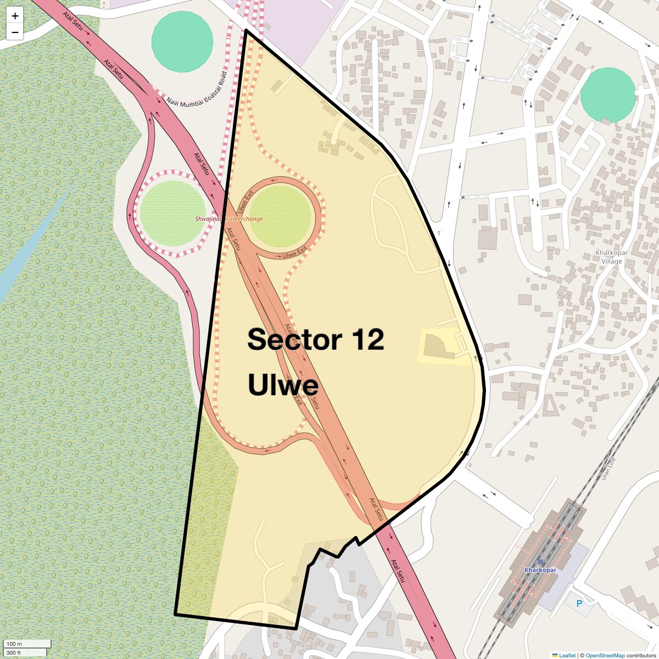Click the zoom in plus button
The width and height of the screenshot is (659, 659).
(x=15, y=16)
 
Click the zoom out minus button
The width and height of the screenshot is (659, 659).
(x=15, y=32)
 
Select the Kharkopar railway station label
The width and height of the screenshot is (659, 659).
(x=540, y=570)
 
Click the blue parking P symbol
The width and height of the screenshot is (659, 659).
(x=579, y=604)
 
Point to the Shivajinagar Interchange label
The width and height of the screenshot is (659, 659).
(x=229, y=219)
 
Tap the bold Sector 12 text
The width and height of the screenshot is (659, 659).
(x=315, y=339)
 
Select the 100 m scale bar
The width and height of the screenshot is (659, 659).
(x=27, y=644)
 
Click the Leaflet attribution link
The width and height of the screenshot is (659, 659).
(x=567, y=655)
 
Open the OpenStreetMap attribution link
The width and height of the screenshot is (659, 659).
(x=605, y=655)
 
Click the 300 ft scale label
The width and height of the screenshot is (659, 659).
(x=14, y=652)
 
